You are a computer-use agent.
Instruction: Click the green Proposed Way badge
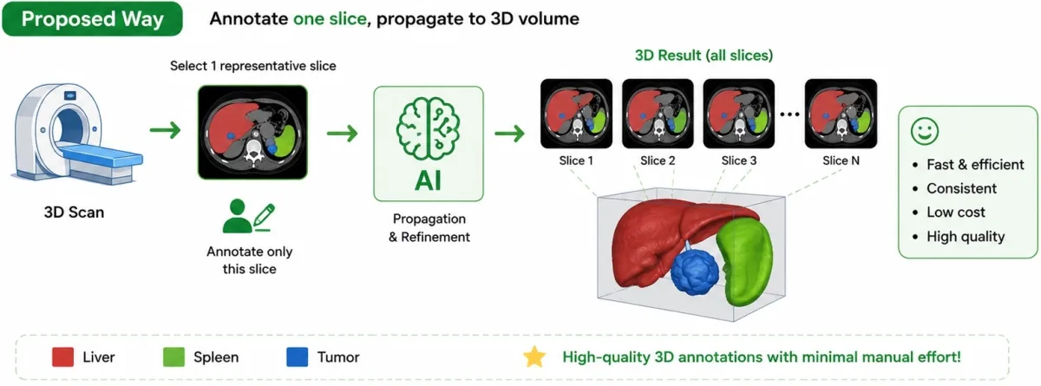click(93, 19)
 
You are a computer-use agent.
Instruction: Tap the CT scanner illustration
click(75, 134)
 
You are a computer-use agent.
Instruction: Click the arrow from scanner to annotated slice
click(166, 130)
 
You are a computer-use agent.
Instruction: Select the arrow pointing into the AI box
click(343, 134)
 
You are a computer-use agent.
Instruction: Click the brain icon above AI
click(428, 128)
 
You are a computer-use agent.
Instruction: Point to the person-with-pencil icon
click(249, 216)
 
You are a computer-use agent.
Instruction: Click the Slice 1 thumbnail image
click(576, 114)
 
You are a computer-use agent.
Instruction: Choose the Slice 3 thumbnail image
click(739, 114)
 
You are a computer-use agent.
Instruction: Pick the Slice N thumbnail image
click(841, 114)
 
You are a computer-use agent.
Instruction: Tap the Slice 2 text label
click(658, 160)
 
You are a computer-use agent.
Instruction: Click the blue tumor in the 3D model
click(695, 271)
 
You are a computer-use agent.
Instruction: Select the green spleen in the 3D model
click(744, 263)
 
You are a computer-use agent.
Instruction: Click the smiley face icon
click(925, 132)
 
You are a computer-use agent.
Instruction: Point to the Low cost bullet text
click(955, 213)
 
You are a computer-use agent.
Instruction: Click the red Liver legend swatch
click(62, 357)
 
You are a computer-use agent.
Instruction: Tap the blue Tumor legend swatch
click(298, 357)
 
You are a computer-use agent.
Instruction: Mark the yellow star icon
click(534, 357)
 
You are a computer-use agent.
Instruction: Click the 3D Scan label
click(74, 213)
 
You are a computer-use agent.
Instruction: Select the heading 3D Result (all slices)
click(704, 56)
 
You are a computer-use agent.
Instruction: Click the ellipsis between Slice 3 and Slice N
click(790, 114)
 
